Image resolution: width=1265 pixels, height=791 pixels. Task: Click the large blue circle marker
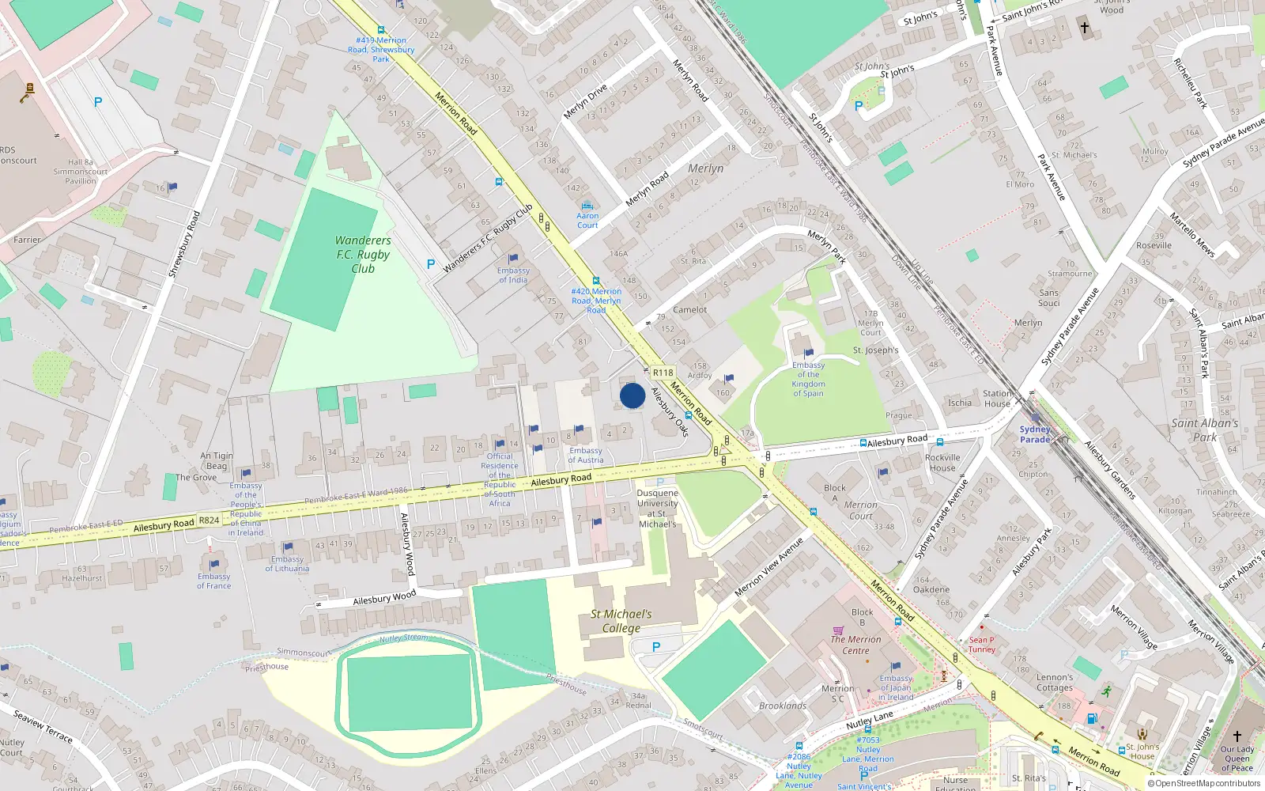[x=632, y=395]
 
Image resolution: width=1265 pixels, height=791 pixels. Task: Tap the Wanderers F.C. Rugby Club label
[x=363, y=254]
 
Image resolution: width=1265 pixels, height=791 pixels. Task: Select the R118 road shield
[x=663, y=373]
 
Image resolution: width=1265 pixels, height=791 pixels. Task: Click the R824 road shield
[x=209, y=520]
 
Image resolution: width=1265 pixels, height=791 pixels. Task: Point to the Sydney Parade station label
[x=1035, y=434]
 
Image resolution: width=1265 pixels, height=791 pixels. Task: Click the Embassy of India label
[x=513, y=275]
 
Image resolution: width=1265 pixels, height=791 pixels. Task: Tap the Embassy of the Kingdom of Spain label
[x=808, y=379]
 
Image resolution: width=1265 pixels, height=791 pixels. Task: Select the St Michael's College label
[x=621, y=621]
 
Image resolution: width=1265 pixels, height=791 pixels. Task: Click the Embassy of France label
[x=214, y=581]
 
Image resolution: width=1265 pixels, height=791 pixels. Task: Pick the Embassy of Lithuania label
[x=287, y=564]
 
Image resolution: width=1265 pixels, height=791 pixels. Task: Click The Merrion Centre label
[x=855, y=645]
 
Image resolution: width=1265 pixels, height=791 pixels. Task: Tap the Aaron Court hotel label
[x=587, y=220]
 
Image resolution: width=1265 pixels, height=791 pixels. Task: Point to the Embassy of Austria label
[x=586, y=455]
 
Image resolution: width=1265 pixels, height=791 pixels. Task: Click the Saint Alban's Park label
[x=1205, y=430]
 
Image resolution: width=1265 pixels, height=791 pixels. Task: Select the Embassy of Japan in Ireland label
[x=896, y=687]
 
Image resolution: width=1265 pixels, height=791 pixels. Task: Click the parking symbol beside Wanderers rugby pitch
[x=431, y=264]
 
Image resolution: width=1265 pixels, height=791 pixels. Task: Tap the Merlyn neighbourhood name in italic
[x=705, y=168]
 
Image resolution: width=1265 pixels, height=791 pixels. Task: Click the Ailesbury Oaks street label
[x=670, y=412]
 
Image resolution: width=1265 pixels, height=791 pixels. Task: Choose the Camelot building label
[x=689, y=310]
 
